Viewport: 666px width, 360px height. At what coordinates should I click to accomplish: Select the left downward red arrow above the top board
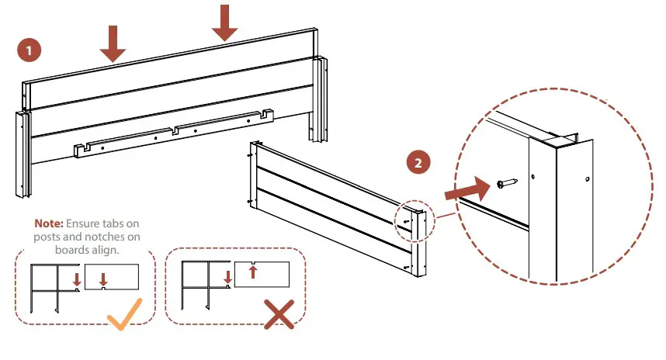tap(113, 43)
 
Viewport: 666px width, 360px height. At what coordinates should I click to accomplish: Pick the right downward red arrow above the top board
tap(225, 22)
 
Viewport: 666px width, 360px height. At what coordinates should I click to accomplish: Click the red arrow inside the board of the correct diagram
tap(103, 279)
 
